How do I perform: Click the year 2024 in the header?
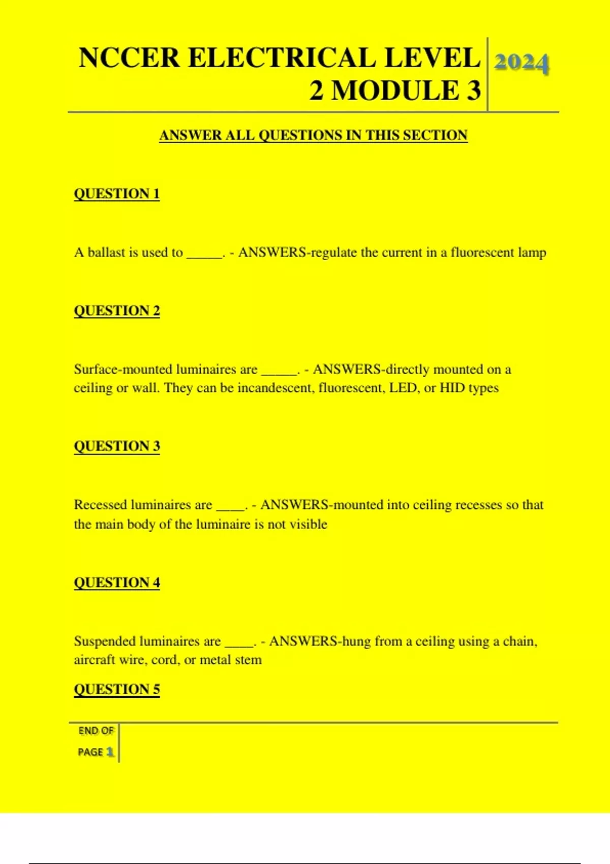(522, 63)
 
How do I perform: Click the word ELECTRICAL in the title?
(282, 58)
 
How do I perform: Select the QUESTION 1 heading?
(117, 194)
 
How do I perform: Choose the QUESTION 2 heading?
(117, 311)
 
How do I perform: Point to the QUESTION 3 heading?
(117, 446)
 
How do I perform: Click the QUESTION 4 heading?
(117, 582)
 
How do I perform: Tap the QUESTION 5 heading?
(117, 689)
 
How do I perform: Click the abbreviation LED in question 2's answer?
(405, 388)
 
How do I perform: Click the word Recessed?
(100, 505)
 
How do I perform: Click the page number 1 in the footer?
(109, 752)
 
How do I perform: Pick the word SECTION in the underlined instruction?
(435, 135)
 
